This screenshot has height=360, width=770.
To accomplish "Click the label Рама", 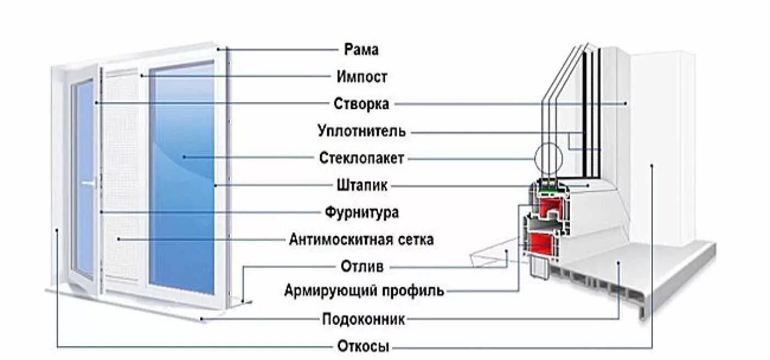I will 361,49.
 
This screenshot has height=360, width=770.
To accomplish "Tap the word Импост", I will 361,77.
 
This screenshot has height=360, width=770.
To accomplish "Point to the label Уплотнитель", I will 361,132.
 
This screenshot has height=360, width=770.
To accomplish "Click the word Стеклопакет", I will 361,159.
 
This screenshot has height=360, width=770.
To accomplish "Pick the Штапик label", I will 361,185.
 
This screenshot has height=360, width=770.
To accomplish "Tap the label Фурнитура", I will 361,212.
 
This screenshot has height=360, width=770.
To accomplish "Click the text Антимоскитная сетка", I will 361,240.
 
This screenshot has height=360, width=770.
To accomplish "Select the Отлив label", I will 361,267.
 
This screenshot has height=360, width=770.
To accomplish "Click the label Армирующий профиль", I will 364,290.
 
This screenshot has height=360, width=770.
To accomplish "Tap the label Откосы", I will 361,347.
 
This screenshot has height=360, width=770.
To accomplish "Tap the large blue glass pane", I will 182,181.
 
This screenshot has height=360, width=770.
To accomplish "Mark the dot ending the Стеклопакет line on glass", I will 184,157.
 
